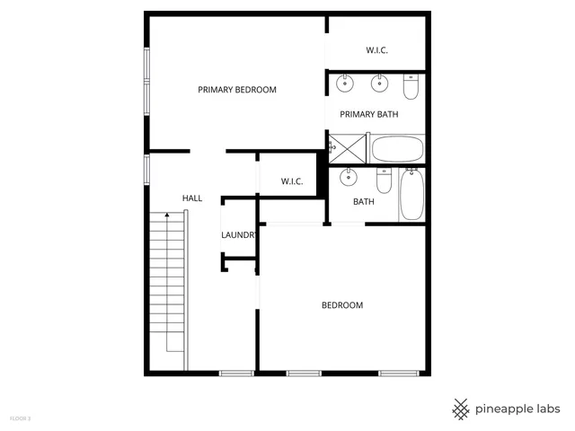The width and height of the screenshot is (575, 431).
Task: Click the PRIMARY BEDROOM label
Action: (x=237, y=90)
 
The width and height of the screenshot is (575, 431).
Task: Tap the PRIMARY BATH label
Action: (x=368, y=114)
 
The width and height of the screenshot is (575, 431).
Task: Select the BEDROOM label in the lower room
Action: (x=342, y=305)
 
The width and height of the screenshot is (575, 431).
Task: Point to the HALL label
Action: (x=192, y=198)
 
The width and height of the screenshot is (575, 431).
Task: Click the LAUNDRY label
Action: (x=240, y=235)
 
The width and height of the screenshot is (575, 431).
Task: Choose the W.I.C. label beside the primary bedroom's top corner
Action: (x=376, y=50)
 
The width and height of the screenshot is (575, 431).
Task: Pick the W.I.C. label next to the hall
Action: (x=292, y=181)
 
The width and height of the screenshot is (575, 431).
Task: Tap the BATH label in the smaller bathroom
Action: (x=363, y=202)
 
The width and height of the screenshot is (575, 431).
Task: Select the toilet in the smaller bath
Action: (x=384, y=181)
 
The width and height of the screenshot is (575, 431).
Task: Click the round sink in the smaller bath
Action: (x=347, y=179)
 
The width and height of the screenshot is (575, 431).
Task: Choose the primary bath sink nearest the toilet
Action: (x=379, y=85)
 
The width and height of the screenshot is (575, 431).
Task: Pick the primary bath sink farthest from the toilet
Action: (x=345, y=85)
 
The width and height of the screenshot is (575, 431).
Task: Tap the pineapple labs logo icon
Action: (x=461, y=409)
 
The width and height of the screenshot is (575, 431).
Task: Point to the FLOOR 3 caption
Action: (x=20, y=418)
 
